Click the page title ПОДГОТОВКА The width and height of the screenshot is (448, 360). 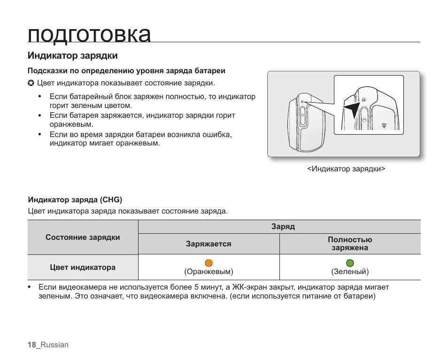(89, 34)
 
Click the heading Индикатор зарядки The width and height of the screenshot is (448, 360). (72, 56)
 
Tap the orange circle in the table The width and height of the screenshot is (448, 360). (209, 263)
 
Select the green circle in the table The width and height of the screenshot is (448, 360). (350, 263)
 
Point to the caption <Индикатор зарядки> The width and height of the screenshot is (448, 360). (346, 169)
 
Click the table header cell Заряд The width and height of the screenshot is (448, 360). (283, 227)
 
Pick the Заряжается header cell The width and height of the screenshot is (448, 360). (209, 244)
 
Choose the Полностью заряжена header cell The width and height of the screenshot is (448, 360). (350, 244)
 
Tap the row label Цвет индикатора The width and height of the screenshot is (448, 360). (83, 268)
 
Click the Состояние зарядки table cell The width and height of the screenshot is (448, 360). (83, 237)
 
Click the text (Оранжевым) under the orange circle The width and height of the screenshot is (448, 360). (209, 272)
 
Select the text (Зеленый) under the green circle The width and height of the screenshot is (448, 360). (350, 272)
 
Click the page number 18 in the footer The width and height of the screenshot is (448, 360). (31, 345)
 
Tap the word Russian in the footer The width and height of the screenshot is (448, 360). (54, 345)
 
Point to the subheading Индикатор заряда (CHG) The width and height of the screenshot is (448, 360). (75, 200)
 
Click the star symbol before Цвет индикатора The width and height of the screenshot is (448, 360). (31, 84)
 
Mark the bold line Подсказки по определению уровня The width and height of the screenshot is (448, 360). (126, 71)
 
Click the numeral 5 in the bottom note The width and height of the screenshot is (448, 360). (196, 287)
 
